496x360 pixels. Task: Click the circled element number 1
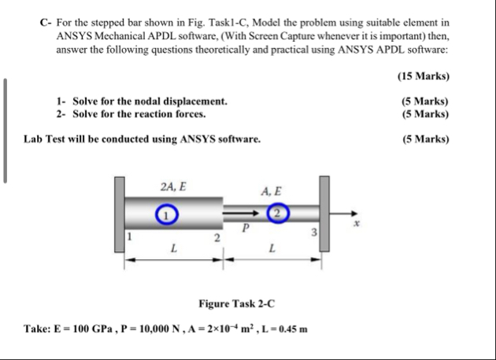[165, 213]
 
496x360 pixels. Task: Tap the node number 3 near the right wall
[313, 230]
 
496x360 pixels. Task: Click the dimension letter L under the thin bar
[272, 250]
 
